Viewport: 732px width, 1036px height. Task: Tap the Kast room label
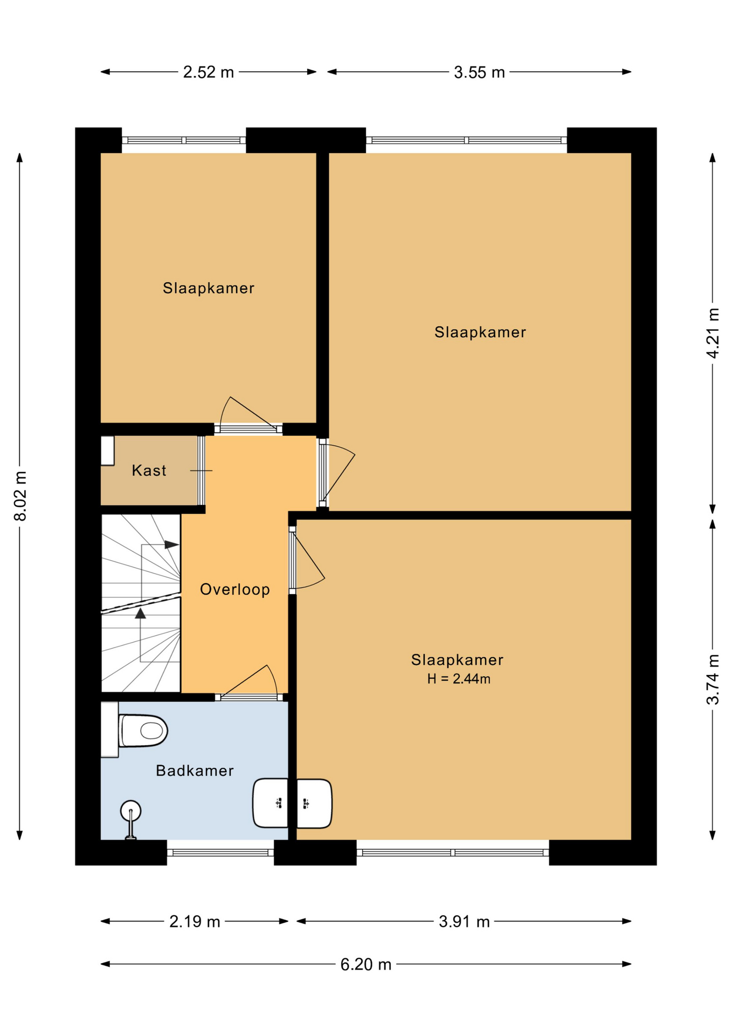click(149, 471)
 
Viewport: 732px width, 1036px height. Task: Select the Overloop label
click(235, 589)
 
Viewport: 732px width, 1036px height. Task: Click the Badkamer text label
click(195, 771)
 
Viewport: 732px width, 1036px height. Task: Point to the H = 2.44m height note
click(459, 679)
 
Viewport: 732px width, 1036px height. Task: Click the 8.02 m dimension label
click(20, 496)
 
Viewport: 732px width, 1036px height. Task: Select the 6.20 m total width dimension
click(365, 964)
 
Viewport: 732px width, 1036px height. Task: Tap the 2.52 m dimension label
click(209, 72)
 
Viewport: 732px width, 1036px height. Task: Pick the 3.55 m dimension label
click(479, 72)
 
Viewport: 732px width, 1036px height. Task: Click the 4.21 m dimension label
click(713, 333)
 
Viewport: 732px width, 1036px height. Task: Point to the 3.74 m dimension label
click(713, 679)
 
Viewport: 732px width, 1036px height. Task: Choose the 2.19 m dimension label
click(195, 922)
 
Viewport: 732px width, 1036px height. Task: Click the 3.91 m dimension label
click(464, 922)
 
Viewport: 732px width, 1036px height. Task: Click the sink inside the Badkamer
click(271, 803)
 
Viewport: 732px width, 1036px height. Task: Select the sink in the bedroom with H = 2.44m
click(314, 803)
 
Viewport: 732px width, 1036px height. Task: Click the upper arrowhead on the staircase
click(171, 545)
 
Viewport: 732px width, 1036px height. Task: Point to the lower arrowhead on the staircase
click(141, 614)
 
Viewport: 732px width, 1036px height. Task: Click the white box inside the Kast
click(108, 451)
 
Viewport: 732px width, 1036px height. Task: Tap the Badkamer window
click(220, 853)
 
